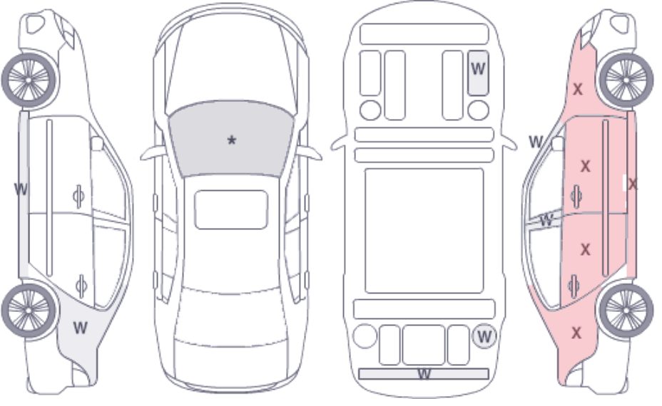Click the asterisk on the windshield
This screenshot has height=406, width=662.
(231, 140)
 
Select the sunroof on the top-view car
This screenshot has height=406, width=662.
(231, 209)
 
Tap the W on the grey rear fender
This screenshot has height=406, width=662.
(80, 327)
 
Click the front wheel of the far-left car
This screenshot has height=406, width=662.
(29, 80)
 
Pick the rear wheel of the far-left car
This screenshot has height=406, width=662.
(29, 311)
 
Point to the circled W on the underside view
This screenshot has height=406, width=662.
(484, 336)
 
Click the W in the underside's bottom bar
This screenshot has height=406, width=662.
(424, 373)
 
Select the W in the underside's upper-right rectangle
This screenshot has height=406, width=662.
(478, 68)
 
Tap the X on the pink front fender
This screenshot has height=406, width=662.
(577, 89)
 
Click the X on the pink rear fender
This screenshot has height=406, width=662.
(576, 333)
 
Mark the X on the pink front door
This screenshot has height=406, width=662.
(585, 167)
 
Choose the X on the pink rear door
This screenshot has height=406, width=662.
(585, 250)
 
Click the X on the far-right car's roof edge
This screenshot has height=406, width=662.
(633, 184)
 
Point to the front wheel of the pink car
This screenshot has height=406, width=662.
(626, 80)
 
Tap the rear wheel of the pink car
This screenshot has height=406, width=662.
(626, 311)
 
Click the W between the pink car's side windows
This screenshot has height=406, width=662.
(546, 219)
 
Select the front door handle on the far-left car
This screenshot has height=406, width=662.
(79, 196)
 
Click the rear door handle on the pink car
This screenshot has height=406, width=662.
(574, 286)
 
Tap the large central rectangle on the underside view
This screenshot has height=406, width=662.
(424, 231)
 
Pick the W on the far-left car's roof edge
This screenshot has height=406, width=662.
(21, 189)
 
